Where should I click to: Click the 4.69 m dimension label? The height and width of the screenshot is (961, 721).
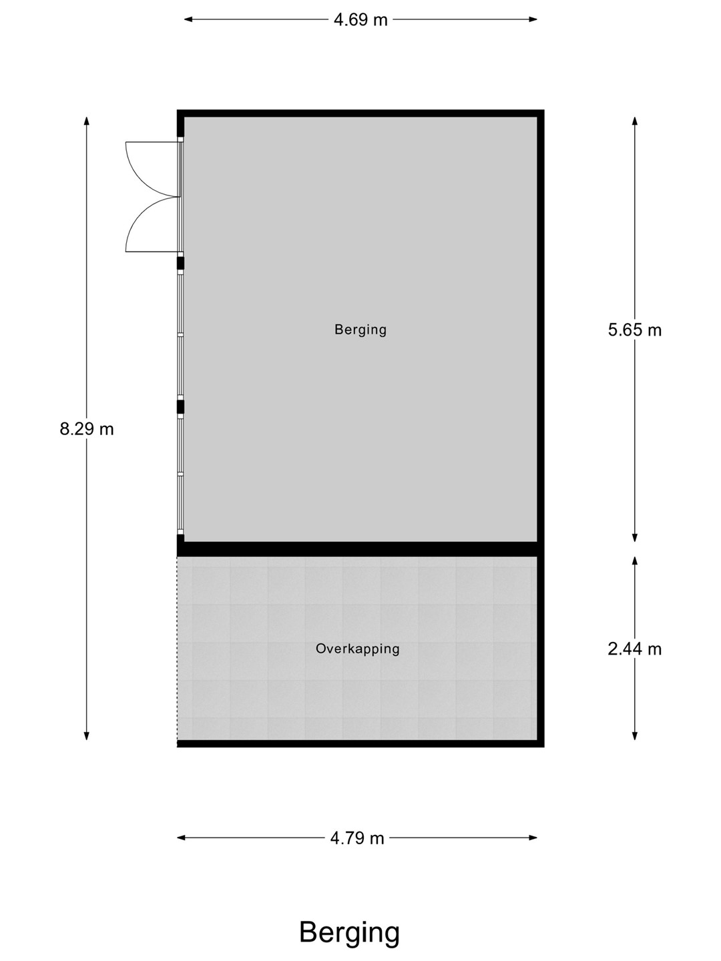point(360,20)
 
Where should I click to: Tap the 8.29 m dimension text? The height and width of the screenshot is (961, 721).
point(87,428)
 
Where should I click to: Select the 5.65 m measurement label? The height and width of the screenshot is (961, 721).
point(635,330)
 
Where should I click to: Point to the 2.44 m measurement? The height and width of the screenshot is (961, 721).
point(635,649)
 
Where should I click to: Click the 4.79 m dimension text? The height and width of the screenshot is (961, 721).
point(357,838)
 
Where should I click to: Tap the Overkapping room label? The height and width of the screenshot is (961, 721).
point(358,649)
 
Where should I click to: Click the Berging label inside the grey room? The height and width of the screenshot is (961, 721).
point(360,330)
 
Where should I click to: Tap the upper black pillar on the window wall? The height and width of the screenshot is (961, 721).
point(180,263)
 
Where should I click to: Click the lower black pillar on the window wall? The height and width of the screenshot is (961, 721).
point(180,406)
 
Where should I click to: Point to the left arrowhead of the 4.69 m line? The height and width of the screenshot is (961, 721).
point(188,19)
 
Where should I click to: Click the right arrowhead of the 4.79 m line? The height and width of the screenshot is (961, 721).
point(533,838)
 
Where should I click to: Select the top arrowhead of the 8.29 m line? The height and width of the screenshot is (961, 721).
point(87,121)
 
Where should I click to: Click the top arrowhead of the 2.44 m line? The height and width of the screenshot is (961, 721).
point(635,561)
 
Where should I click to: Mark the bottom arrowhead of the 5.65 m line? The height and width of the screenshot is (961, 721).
point(635,538)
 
